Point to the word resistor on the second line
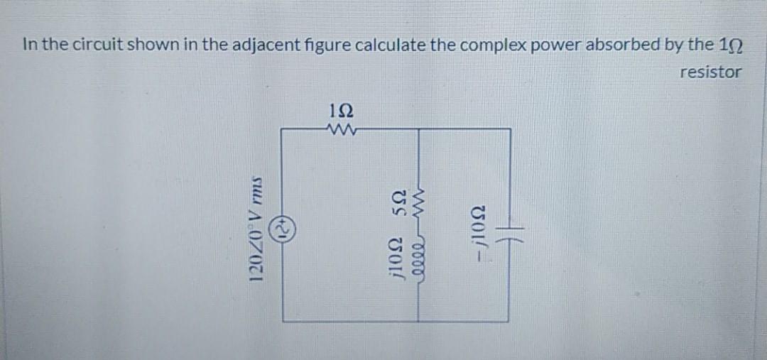[x=710, y=72]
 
